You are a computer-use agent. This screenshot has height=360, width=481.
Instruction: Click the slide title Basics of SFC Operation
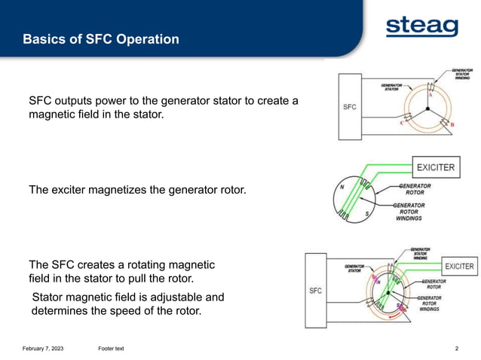[101, 39]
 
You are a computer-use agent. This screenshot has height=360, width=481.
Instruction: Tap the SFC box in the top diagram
[350, 107]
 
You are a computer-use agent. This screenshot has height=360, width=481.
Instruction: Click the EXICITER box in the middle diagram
[437, 167]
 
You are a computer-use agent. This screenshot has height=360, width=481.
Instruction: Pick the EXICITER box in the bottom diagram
[459, 267]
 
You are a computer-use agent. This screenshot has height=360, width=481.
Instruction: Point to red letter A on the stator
[430, 96]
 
